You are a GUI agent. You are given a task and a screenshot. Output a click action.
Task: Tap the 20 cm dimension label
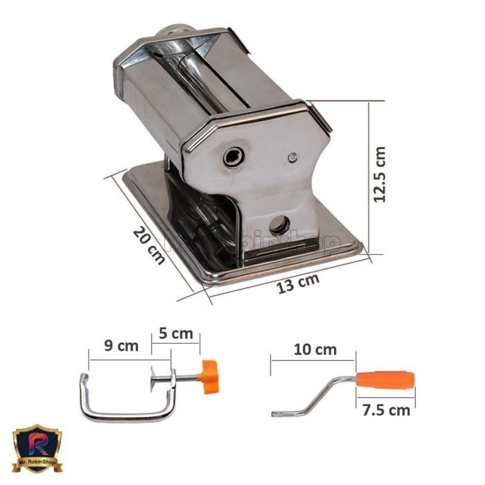tap(149, 245)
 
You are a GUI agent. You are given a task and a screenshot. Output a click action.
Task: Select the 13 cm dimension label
tap(299, 282)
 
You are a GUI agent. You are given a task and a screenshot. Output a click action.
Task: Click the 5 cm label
tap(176, 334)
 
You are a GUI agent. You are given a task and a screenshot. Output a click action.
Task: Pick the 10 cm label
tap(315, 349)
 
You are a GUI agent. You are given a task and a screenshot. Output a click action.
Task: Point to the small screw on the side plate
tap(292, 157)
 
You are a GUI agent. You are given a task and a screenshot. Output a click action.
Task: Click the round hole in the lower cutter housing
tap(279, 224)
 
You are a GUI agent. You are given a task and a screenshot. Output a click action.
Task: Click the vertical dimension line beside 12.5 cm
tap(368, 177)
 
